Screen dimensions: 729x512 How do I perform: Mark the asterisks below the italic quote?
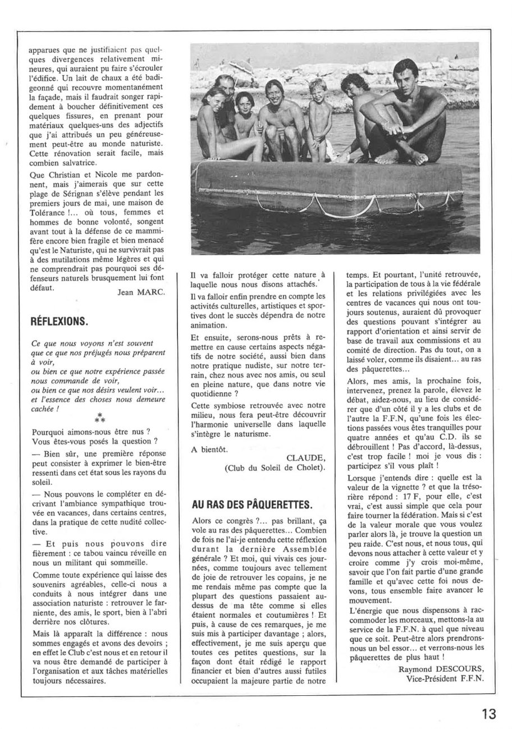pyautogui.click(x=99, y=418)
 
